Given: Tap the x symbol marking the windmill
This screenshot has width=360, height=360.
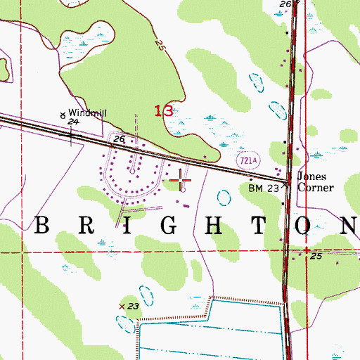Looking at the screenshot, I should point(63,114).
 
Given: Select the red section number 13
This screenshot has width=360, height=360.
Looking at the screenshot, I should point(163,110).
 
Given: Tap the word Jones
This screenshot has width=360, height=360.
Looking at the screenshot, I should point(310,177).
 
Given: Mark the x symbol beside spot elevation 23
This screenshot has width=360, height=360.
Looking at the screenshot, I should point(121,307).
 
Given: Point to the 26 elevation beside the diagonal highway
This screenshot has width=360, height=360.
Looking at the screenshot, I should point(119,140).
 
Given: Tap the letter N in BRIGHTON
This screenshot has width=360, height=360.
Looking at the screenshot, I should point(349,225).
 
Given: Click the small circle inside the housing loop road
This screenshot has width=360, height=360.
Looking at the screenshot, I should point(132,170).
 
